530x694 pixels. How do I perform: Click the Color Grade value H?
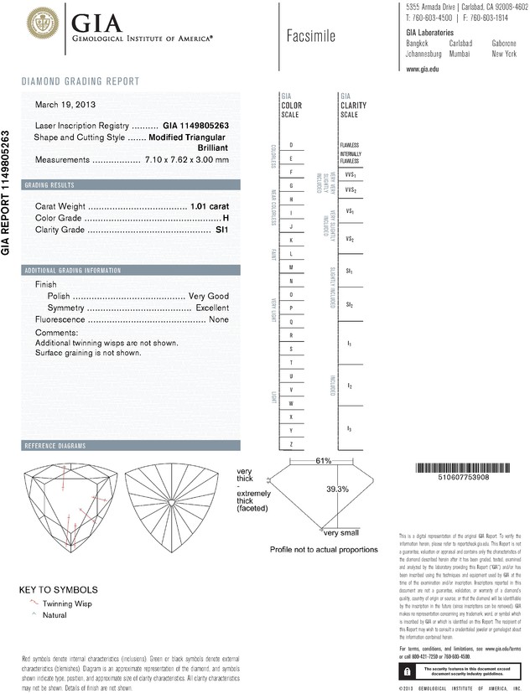click(x=226, y=217)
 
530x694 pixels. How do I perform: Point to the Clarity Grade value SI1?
click(x=222, y=229)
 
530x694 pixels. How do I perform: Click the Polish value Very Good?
click(x=209, y=297)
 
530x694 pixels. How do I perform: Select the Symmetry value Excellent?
click(x=212, y=308)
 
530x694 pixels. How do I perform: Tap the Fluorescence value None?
click(x=219, y=320)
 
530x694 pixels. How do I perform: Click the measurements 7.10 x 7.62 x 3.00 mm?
click(x=186, y=160)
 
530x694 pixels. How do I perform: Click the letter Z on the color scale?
click(x=290, y=443)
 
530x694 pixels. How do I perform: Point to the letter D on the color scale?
click(x=290, y=145)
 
